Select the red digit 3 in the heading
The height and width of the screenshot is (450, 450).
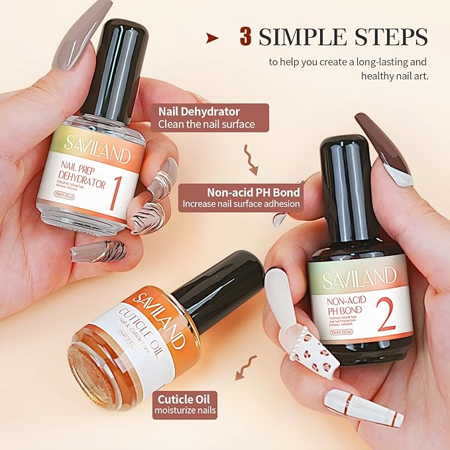(x=246, y=37)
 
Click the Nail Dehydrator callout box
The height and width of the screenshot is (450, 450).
(x=211, y=117)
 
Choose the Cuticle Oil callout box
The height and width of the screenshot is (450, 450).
(x=186, y=404)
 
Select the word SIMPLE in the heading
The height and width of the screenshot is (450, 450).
(x=300, y=37)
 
